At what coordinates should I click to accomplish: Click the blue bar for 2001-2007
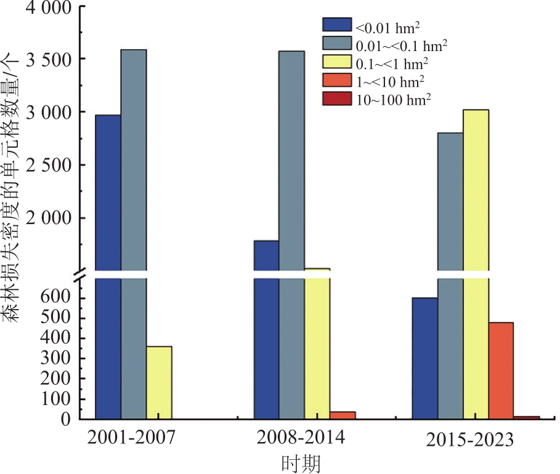pos(108,265)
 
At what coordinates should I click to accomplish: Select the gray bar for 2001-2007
pos(133,234)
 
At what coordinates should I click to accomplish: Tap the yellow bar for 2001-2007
pos(159,382)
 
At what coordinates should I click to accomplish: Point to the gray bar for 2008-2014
pos(291,234)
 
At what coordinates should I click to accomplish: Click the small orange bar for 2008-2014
pos(342,416)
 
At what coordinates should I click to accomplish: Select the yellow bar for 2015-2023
pos(476,265)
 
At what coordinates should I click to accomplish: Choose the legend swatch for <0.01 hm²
pos(337,25)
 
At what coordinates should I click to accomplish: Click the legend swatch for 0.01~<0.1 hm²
pos(337,44)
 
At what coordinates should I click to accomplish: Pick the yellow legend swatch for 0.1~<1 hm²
pos(337,62)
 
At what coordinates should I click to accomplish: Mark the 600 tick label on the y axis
pos(59,298)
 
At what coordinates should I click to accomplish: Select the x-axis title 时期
pos(301,462)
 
